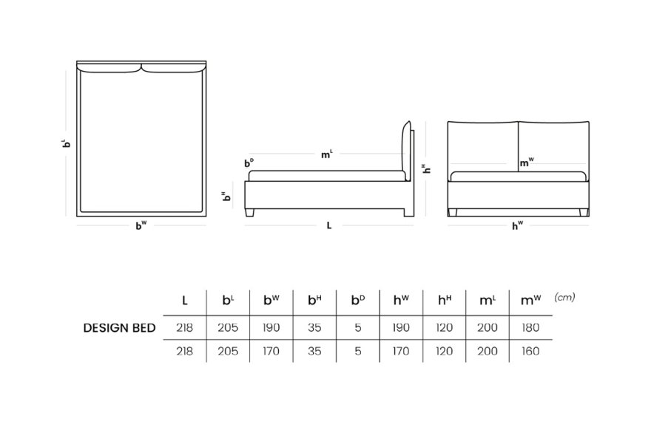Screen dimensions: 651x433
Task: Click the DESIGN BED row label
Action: [x=119, y=327]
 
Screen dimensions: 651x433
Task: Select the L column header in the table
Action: [x=185, y=300]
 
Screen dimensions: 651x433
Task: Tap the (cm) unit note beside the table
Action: [x=564, y=297]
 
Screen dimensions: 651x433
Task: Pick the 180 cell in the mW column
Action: [x=530, y=327]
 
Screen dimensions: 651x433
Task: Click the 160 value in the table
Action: [x=530, y=351]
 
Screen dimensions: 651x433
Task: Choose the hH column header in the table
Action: [x=445, y=300]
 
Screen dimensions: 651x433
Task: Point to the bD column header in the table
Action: [x=358, y=300]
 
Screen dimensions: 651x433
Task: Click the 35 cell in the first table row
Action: [x=314, y=327]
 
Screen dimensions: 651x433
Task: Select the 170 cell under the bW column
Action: [x=271, y=351]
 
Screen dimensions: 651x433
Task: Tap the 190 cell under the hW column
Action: [x=401, y=327]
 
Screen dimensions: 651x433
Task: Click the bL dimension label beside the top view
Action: [x=66, y=143]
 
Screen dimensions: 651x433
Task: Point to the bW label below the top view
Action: [x=141, y=225]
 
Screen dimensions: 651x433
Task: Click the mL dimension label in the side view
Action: [x=327, y=154]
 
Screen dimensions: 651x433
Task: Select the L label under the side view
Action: [x=328, y=225]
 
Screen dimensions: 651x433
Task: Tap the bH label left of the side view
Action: [x=226, y=196]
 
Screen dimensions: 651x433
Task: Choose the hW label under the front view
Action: [x=517, y=225]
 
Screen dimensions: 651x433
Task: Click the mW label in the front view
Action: [x=527, y=163]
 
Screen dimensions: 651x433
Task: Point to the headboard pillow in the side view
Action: [x=405, y=151]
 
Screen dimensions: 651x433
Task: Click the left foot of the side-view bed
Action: [x=249, y=213]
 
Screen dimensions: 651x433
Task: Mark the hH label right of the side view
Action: [x=426, y=168]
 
